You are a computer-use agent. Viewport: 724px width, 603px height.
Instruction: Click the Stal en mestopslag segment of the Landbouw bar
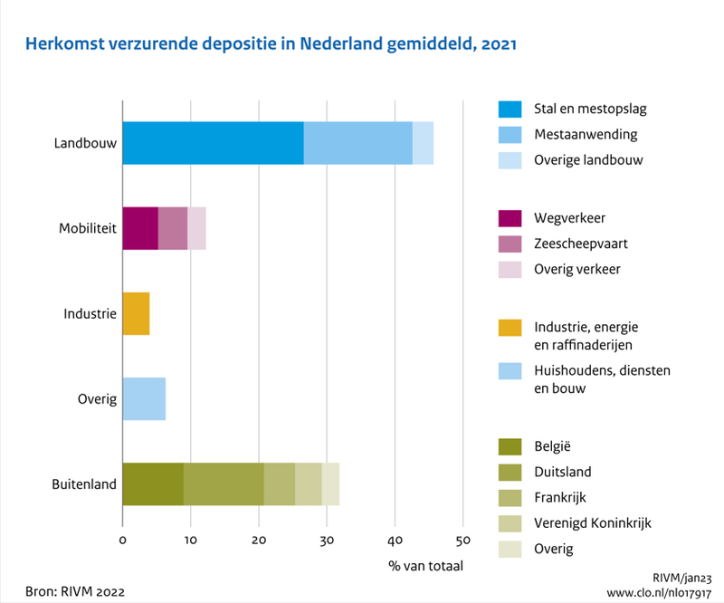[213, 143]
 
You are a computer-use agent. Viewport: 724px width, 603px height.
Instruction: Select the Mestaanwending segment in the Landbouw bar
[357, 143]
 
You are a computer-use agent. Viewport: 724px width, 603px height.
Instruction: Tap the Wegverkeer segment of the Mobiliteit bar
[140, 228]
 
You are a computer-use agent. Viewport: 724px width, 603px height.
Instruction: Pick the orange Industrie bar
[136, 313]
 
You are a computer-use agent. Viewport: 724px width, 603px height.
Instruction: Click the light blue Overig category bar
[144, 398]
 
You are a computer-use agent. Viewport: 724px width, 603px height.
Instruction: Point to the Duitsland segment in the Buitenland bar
[224, 483]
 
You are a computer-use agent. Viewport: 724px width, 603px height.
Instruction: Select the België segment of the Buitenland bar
[153, 483]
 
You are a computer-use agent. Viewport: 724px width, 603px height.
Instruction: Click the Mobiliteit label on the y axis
[89, 229]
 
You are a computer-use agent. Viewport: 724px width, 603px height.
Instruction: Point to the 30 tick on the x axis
[327, 541]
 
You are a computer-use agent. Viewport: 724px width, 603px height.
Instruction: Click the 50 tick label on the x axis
[462, 541]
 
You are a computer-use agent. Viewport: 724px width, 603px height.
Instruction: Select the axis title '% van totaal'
[425, 566]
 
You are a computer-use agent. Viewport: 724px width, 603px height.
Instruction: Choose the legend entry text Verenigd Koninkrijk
[593, 523]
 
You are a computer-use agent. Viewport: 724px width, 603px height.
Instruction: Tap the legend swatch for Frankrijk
[510, 497]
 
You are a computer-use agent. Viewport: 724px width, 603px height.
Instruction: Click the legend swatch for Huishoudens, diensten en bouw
[510, 371]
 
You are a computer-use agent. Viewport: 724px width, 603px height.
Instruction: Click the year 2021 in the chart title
[496, 43]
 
